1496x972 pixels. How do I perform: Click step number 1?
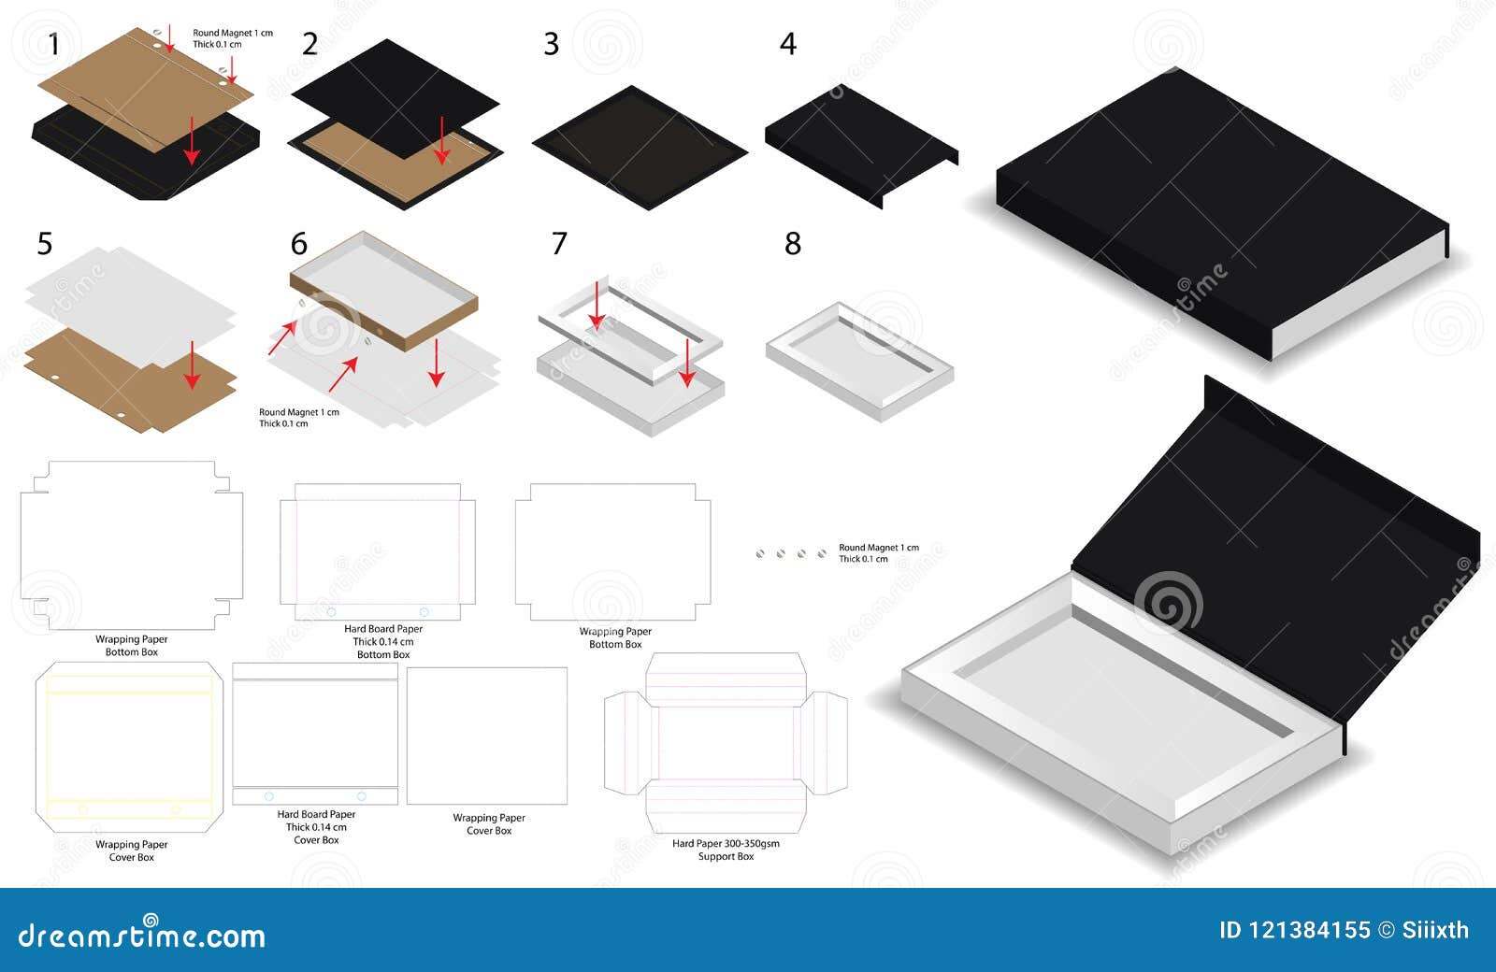coord(54,44)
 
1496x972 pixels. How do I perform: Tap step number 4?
coord(787,44)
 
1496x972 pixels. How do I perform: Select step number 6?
coord(298,244)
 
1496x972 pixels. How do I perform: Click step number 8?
coord(792,244)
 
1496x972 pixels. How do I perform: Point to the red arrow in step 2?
coord(441,140)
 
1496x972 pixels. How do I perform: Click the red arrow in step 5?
coord(192,365)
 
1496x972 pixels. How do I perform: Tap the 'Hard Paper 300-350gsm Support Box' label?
coord(726,850)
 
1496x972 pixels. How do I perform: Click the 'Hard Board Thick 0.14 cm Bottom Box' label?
coord(383,641)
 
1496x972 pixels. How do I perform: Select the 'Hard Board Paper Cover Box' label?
coord(316,827)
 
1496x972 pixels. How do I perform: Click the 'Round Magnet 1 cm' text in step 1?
coord(233,33)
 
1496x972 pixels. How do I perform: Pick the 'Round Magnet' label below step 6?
coord(298,418)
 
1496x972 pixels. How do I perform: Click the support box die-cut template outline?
coord(726,743)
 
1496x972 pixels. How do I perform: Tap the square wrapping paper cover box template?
coord(487,736)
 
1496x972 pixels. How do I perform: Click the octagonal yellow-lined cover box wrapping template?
coord(130,747)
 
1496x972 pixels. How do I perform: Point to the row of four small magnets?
coord(791,554)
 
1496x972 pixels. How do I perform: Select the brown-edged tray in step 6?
coord(383,290)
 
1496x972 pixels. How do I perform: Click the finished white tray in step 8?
coord(858,360)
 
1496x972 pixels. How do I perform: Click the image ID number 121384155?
coord(1294,930)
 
